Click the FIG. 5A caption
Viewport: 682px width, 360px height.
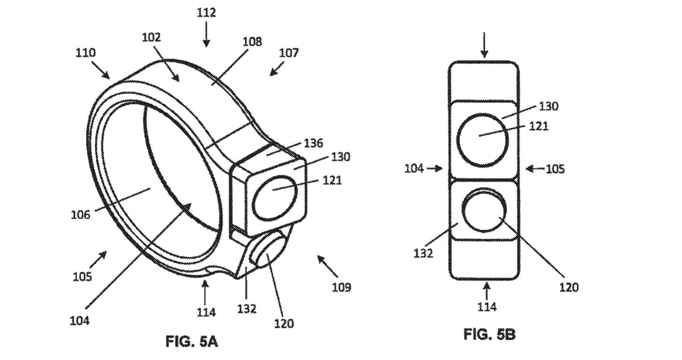192,342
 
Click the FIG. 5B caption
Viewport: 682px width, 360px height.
489,335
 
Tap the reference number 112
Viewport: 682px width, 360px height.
206,13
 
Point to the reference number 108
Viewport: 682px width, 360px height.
252,42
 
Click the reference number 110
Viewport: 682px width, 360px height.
85,53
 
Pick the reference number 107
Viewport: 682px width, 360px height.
288,53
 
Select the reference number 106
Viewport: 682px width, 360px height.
80,215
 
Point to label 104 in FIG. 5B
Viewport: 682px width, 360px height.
415,168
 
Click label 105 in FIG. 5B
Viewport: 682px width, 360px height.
555,168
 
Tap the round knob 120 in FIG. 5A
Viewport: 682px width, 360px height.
269,254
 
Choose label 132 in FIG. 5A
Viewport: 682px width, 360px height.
247,308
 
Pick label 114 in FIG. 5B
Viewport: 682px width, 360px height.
486,307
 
